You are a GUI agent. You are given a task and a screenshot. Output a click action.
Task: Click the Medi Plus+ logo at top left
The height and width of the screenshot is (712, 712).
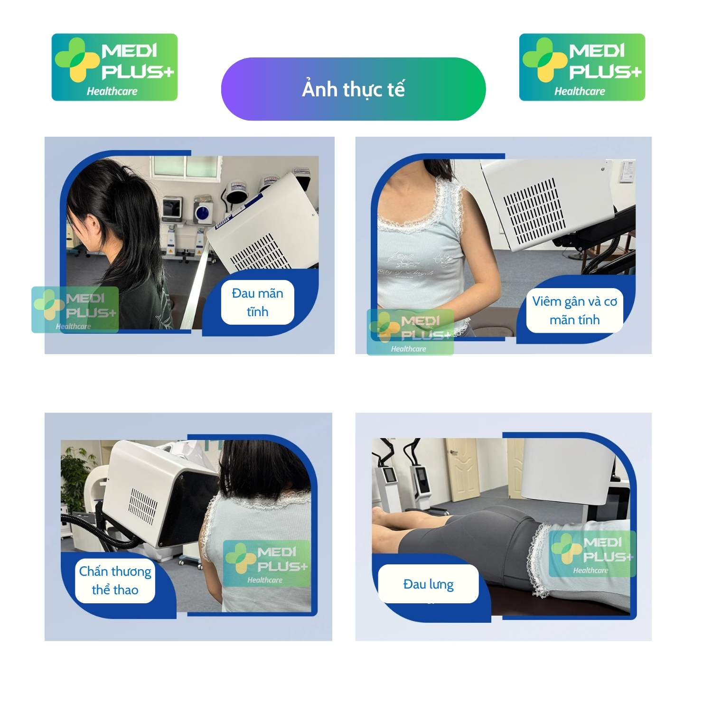click(x=114, y=67)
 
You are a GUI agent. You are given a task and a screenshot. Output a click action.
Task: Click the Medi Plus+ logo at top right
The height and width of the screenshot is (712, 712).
click(x=582, y=67)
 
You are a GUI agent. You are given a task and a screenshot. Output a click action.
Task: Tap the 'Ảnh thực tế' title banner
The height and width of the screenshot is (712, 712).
click(x=354, y=89)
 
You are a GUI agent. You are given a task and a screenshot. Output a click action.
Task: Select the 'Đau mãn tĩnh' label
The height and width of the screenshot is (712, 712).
click(x=258, y=302)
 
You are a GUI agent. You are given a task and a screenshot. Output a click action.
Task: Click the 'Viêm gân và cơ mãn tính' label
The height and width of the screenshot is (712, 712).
click(x=575, y=310)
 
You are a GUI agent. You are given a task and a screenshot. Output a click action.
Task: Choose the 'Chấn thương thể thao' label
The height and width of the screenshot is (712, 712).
click(x=115, y=580)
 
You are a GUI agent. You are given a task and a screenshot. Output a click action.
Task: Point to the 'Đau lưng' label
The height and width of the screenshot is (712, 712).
click(x=428, y=584)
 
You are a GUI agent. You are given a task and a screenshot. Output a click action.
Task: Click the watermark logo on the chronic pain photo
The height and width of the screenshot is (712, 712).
click(x=75, y=309)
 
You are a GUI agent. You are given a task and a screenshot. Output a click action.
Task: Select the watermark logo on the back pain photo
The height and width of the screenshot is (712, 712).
click(x=592, y=554)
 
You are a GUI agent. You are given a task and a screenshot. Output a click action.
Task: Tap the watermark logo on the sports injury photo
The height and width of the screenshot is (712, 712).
click(x=267, y=563)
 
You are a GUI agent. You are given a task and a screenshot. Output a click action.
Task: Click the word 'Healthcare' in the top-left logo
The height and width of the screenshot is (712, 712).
click(x=112, y=91)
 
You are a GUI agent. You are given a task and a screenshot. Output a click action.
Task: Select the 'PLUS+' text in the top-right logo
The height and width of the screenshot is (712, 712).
click(x=605, y=72)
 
